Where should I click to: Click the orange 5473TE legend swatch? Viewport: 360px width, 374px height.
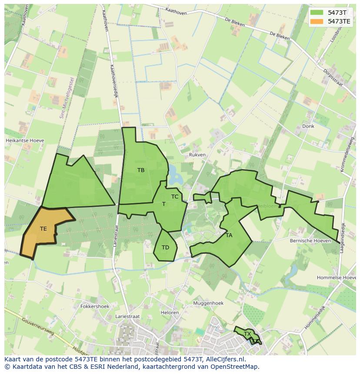coord(317,21)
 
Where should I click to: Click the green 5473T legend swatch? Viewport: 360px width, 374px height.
coord(317,12)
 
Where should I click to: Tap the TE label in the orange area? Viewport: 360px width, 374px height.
coord(43,228)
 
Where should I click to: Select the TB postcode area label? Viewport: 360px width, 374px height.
coord(141,170)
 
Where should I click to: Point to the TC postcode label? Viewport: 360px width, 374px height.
coord(175,197)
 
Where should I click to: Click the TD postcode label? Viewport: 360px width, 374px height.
coord(165,248)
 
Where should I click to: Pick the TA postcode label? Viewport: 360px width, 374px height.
coord(229,235)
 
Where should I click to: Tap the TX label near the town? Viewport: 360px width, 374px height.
coord(247,334)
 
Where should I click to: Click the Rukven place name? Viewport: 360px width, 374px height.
coord(197,155)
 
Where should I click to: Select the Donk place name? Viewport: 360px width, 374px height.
coord(308,126)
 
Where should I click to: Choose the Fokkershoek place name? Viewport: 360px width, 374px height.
coord(95,306)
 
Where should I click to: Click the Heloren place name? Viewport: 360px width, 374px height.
coord(170,313)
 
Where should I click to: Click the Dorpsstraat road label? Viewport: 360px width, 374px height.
coord(334,77)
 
